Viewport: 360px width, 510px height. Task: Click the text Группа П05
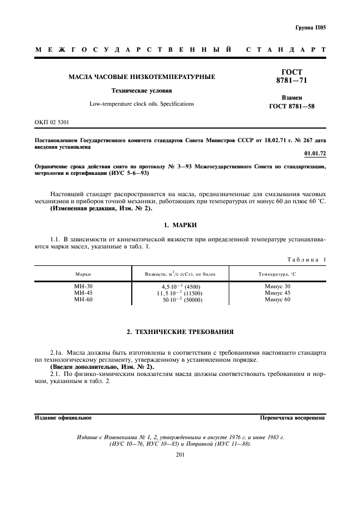tap(311, 27)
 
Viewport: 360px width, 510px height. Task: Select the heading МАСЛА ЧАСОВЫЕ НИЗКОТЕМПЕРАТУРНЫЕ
tap(141, 77)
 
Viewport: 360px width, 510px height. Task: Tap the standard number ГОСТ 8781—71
tap(291, 76)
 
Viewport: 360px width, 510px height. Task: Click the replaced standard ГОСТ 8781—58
tap(291, 106)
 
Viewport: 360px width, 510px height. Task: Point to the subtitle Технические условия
tap(141, 91)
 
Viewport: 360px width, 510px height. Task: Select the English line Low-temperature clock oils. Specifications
tap(141, 104)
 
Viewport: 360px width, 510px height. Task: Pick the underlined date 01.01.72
tap(315, 154)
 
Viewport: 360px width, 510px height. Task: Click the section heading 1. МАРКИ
tap(180, 224)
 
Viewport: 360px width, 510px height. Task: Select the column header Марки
tap(83, 274)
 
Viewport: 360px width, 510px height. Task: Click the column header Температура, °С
tap(277, 274)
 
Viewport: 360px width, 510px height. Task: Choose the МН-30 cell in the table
tap(83, 286)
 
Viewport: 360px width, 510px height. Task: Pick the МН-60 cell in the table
tap(83, 299)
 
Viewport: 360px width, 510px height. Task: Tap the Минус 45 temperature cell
tap(277, 293)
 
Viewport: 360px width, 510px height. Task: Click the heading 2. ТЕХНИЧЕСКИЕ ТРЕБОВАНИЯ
tap(180, 331)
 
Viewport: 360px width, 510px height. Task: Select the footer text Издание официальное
tap(63, 418)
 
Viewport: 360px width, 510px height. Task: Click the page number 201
tap(181, 455)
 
